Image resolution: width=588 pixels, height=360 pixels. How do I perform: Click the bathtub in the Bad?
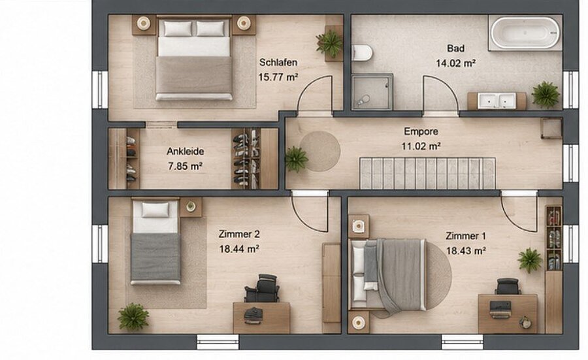pyautogui.click(x=525, y=33)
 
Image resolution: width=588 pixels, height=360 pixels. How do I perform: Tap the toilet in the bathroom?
pyautogui.click(x=362, y=52)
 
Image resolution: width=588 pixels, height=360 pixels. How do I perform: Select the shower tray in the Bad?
pyautogui.click(x=372, y=91)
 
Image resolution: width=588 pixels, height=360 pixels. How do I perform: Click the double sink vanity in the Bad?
pyautogui.click(x=497, y=101)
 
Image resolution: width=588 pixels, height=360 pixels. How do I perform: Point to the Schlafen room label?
pyautogui.click(x=278, y=62)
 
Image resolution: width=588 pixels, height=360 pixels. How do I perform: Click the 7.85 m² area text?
pyautogui.click(x=186, y=166)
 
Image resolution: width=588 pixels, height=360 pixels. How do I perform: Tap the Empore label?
pyautogui.click(x=421, y=131)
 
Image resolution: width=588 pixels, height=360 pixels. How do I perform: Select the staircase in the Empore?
pyautogui.click(x=427, y=173)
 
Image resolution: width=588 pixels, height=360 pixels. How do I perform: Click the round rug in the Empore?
pyautogui.click(x=320, y=151)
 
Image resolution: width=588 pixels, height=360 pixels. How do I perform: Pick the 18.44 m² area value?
pyautogui.click(x=239, y=249)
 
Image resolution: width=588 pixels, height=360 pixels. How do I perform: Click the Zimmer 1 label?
pyautogui.click(x=466, y=236)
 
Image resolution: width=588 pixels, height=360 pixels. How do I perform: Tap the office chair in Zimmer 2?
pyautogui.click(x=263, y=288)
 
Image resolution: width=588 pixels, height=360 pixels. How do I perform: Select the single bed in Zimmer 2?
pyautogui.click(x=155, y=242)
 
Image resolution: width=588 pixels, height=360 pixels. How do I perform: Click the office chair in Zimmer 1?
pyautogui.click(x=508, y=287)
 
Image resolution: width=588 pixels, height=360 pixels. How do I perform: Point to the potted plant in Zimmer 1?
pyautogui.click(x=530, y=260)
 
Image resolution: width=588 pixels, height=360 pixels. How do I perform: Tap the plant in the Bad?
pyautogui.click(x=546, y=95)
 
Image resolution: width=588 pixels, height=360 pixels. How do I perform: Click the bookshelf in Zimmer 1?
pyautogui.click(x=553, y=238)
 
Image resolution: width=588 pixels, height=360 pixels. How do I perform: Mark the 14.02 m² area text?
pyautogui.click(x=455, y=63)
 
